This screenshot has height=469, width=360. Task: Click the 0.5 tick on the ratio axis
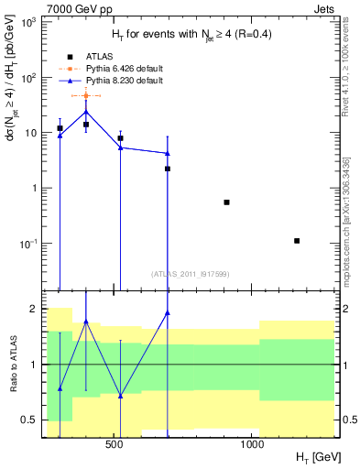(x=31, y=420)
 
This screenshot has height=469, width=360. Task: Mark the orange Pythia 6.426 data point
(x=85, y=95)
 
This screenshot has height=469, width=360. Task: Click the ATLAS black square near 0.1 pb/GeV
(x=297, y=241)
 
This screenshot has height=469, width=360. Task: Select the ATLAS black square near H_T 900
(x=226, y=202)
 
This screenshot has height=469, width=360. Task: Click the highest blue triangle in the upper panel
(x=85, y=113)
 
